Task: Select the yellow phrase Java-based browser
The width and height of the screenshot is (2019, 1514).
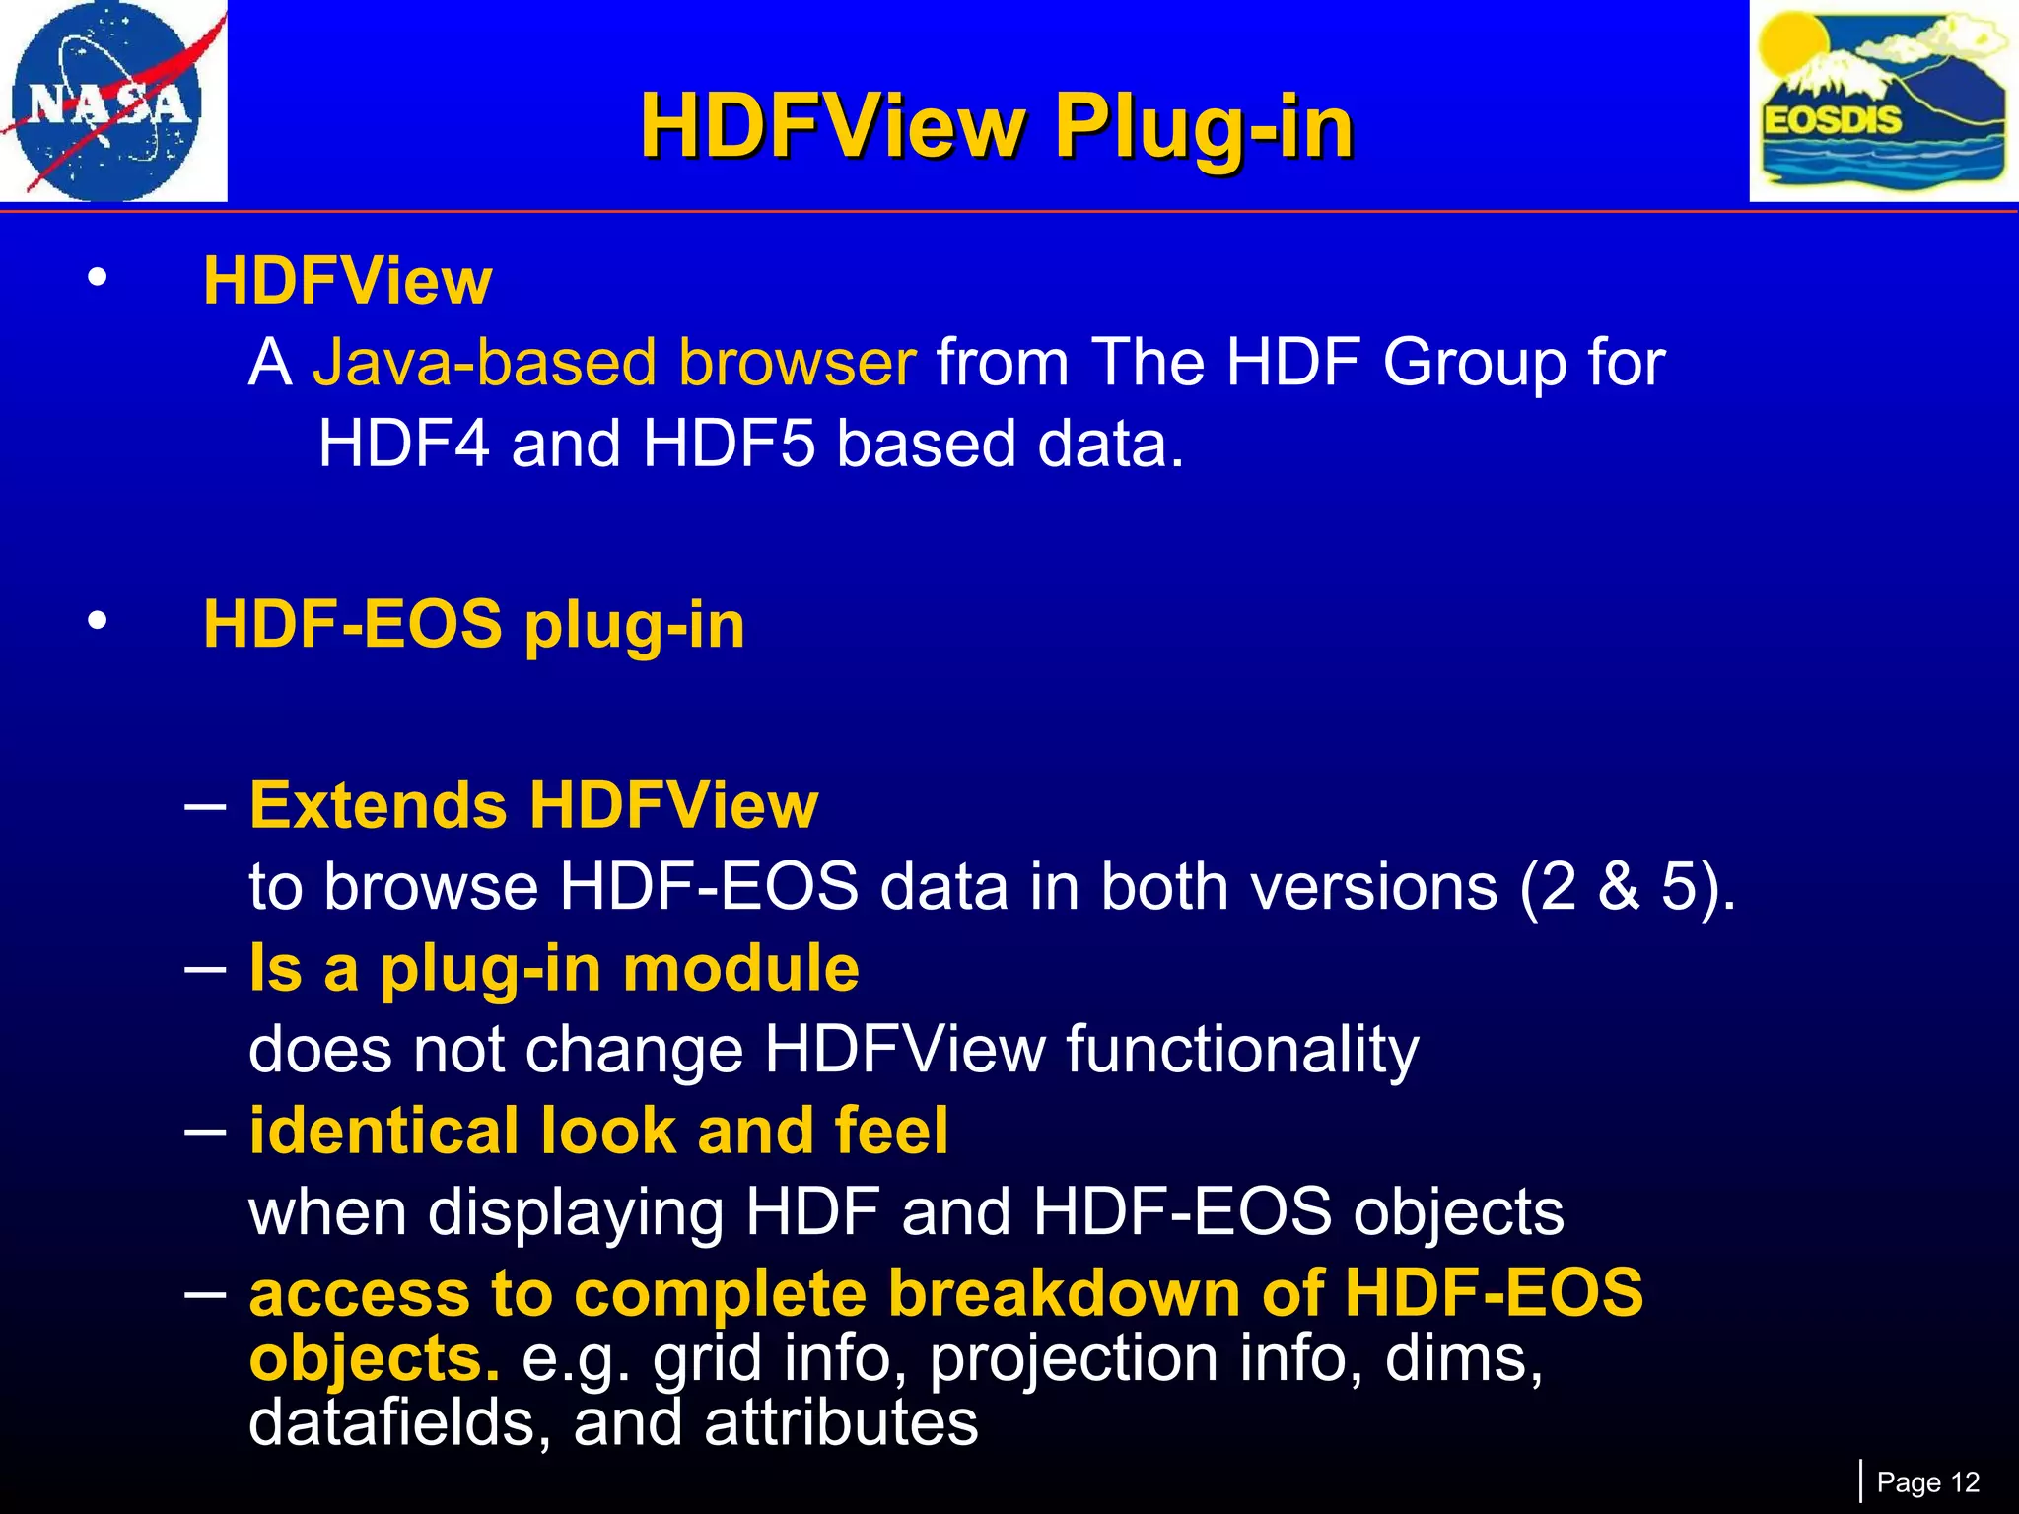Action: [x=614, y=363]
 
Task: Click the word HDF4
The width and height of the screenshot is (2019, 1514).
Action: [x=403, y=444]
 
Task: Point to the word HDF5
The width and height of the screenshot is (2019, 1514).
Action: [x=729, y=444]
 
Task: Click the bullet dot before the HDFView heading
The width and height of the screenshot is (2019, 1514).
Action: [x=96, y=279]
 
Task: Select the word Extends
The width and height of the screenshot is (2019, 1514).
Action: [x=378, y=805]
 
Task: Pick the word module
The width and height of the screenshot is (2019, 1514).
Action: [x=740, y=968]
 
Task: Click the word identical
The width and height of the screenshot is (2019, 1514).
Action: [x=383, y=1131]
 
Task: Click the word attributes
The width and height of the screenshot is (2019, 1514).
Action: [x=841, y=1423]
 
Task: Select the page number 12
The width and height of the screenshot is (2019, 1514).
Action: [x=1965, y=1482]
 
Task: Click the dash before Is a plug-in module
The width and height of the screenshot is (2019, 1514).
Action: [x=205, y=968]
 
